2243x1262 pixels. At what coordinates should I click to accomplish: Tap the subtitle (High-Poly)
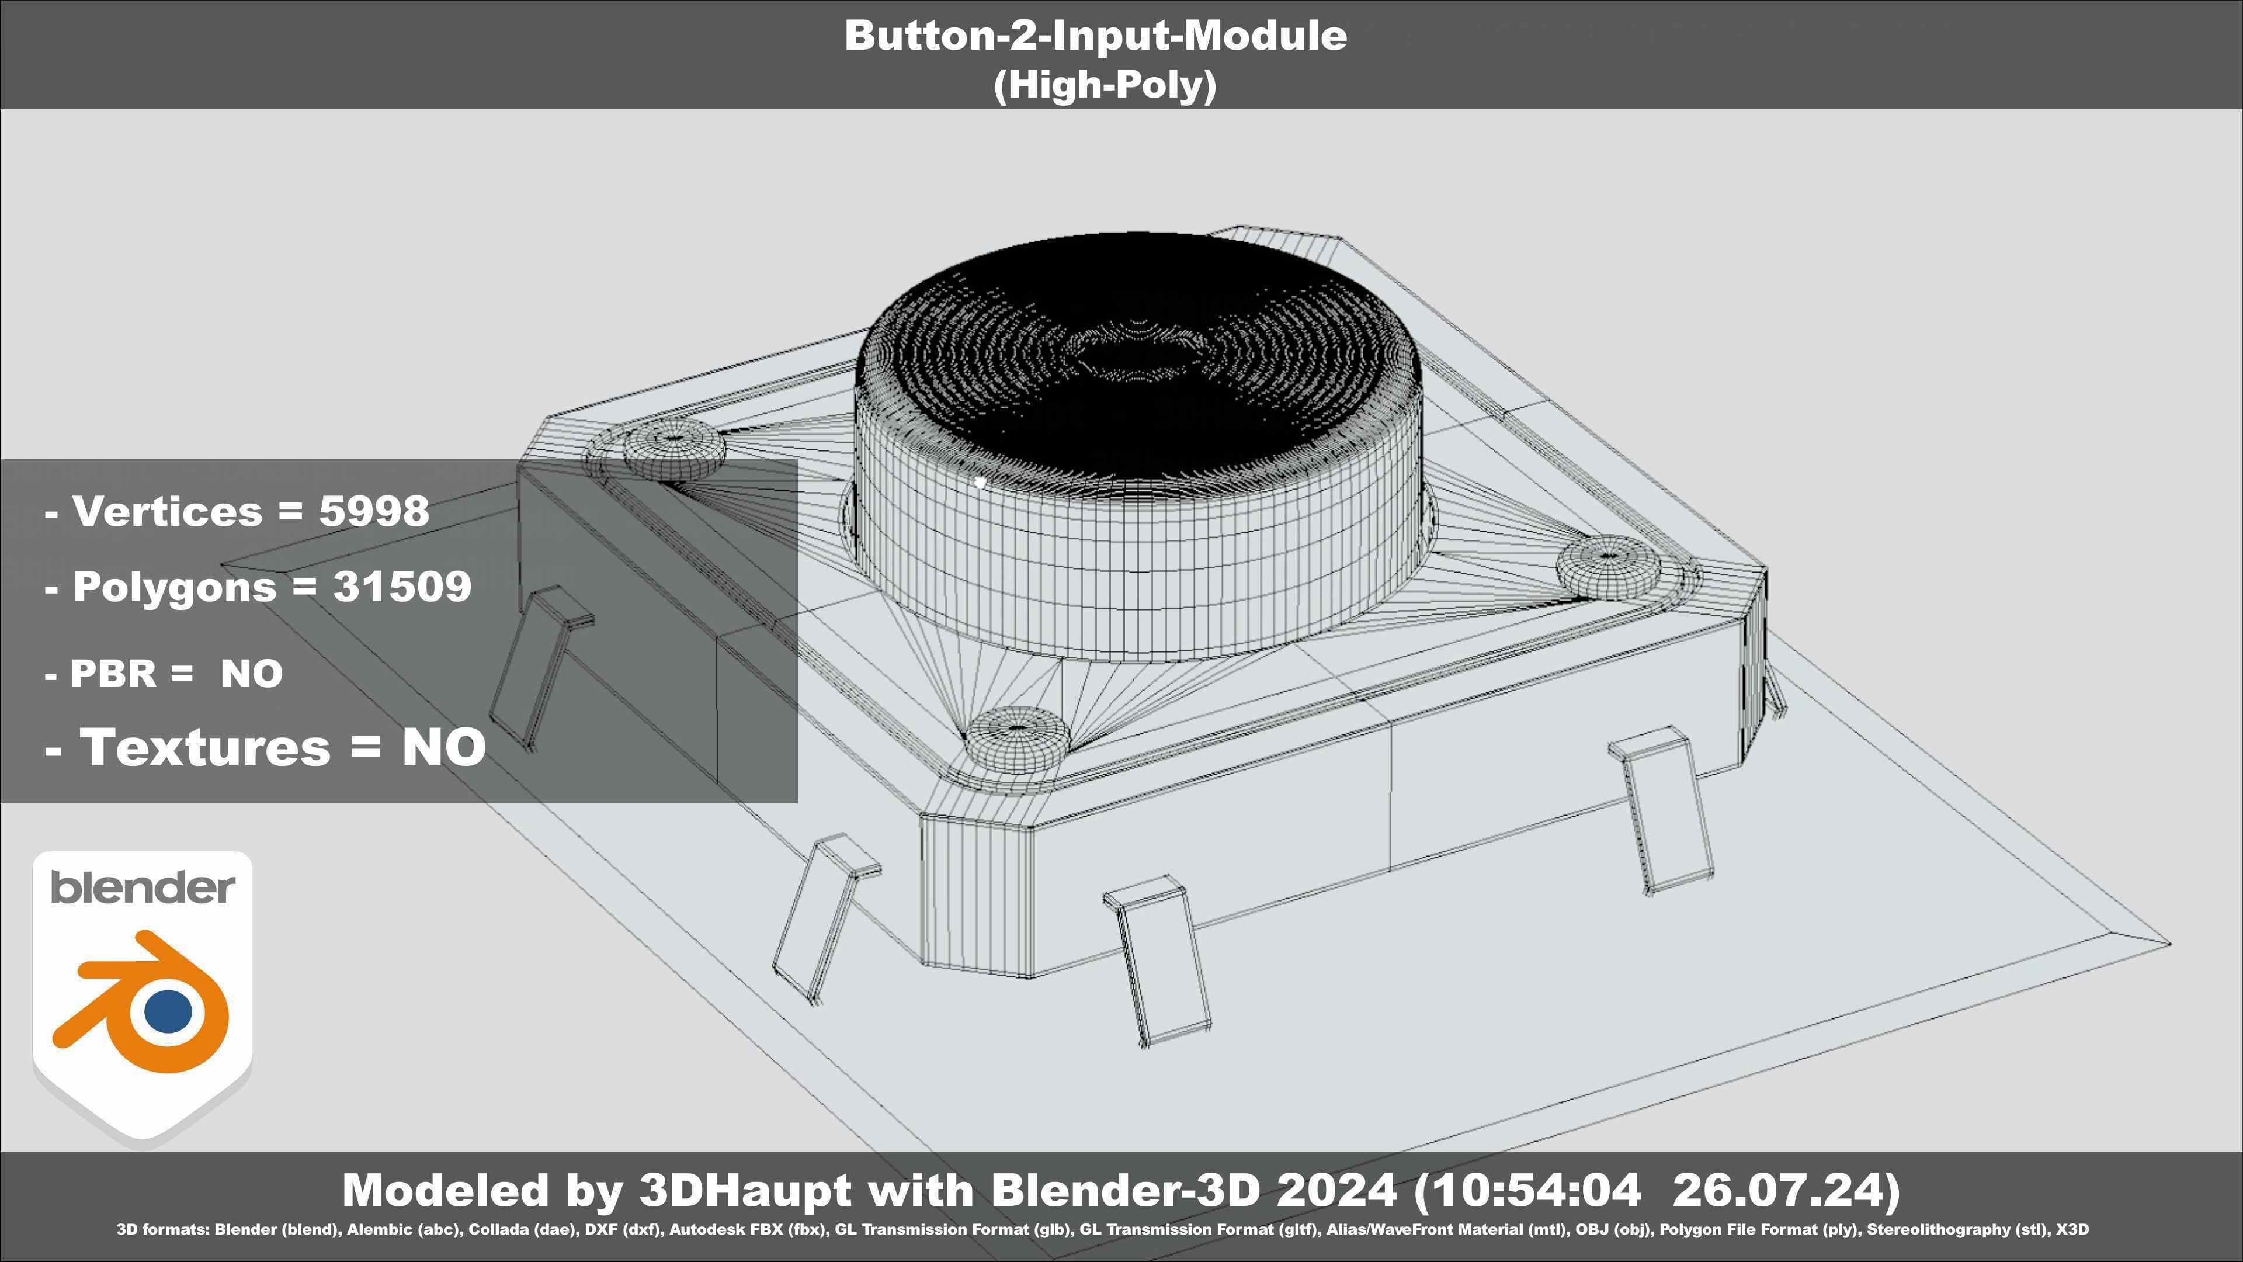pos(1104,85)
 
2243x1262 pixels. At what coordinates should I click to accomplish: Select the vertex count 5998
pos(374,511)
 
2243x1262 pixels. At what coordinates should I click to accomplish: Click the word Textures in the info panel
pos(204,747)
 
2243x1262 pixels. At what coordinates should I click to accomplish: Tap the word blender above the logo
pos(142,887)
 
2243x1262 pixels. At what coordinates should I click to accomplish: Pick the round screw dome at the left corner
pos(673,449)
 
